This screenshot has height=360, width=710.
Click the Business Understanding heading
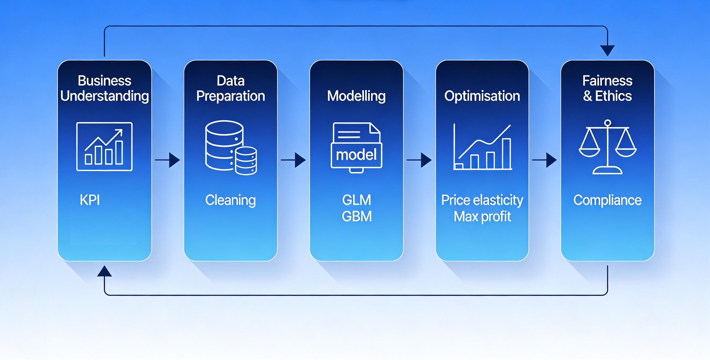[x=104, y=88]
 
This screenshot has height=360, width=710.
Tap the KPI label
[x=89, y=200]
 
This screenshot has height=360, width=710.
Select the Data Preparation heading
[x=231, y=88]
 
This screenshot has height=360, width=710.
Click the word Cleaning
[x=230, y=200]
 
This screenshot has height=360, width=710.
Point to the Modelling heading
[x=356, y=96]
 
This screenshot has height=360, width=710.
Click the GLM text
[x=357, y=200]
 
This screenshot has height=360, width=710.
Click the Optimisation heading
[x=482, y=96]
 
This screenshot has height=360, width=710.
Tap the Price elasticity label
[x=482, y=200]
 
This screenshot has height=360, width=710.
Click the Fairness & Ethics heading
[x=608, y=88]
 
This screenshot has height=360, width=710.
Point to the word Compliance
[x=608, y=200]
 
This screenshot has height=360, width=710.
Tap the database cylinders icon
[x=231, y=148]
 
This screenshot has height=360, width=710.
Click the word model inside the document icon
[x=356, y=155]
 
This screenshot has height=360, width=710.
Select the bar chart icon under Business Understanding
[x=104, y=147]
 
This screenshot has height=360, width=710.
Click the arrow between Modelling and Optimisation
[x=420, y=160]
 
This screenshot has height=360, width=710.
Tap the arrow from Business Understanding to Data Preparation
[x=168, y=160]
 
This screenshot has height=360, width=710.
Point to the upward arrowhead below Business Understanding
[x=104, y=271]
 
